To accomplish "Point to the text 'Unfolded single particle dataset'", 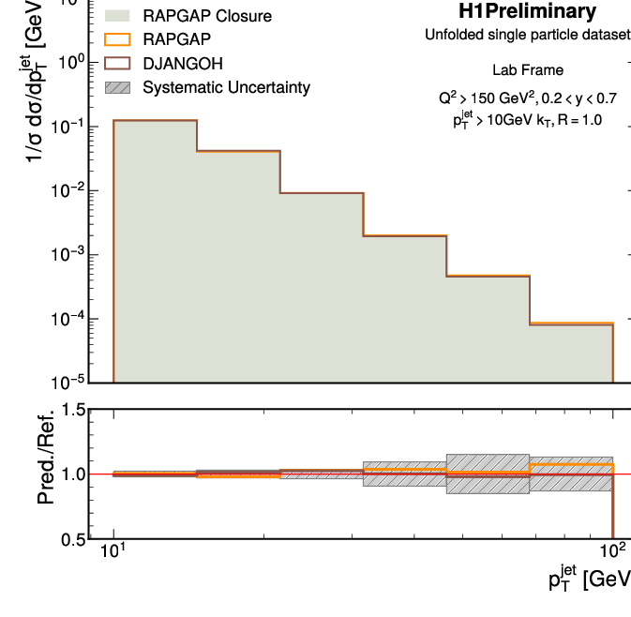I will coord(528,36).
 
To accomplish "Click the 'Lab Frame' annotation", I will coord(528,70).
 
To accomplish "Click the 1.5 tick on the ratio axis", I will coord(74,410).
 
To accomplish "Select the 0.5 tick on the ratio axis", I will coord(74,539).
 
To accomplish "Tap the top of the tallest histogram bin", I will coord(155,120).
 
